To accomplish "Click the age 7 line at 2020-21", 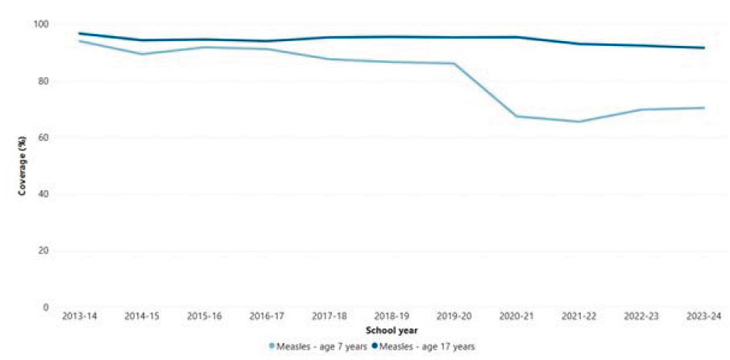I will click(x=516, y=117).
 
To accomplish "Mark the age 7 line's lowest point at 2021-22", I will click(x=579, y=122).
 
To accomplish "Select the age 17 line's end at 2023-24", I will click(x=703, y=48).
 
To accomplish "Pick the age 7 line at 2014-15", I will click(x=141, y=54).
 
